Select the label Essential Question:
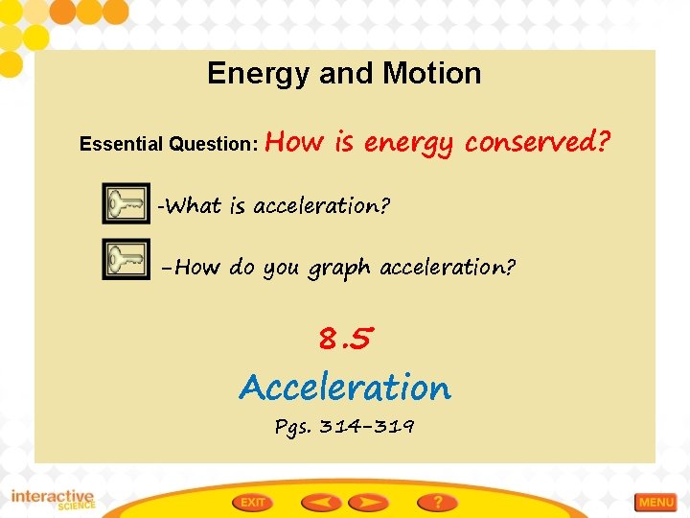pos(169,145)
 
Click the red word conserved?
pos(538,143)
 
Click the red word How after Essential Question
pos(295,143)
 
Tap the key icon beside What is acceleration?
pos(126,203)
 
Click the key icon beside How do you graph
pos(126,261)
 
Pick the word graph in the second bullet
pos(341,269)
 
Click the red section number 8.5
pos(345,338)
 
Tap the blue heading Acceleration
pos(345,388)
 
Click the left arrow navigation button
pos(322,502)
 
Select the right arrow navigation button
pos(368,502)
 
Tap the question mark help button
pos(436,502)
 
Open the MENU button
pos(656,502)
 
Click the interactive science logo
pos(53,500)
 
